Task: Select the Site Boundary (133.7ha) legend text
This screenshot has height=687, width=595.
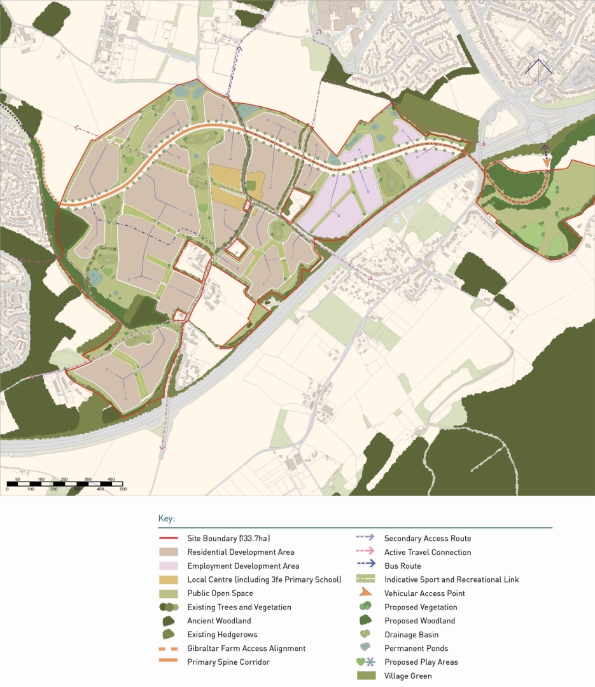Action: pos(234,538)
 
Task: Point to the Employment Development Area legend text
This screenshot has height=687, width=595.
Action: pos(243,566)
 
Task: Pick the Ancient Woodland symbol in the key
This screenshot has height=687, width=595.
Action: pos(169,621)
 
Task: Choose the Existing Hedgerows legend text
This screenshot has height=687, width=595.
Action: pos(222,634)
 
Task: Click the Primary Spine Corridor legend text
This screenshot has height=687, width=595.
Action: pos(228,662)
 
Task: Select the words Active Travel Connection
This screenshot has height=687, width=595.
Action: pos(428,552)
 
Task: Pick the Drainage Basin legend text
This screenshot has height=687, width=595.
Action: pos(411,634)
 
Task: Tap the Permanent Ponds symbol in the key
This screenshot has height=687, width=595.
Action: pos(364,648)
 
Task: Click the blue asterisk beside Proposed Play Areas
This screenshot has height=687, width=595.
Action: pos(371,662)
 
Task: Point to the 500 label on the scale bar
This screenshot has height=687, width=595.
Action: pos(123,489)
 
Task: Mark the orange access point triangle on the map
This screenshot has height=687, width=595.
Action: pos(546,163)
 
